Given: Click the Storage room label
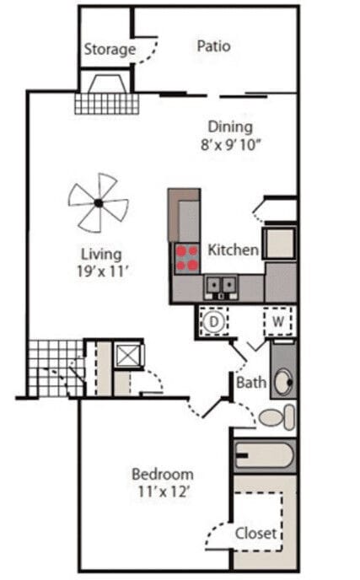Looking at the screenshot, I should tap(110, 50).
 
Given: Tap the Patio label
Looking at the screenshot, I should tap(213, 46).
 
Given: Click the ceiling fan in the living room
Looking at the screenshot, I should tap(99, 202).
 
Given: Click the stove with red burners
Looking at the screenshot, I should tap(186, 257).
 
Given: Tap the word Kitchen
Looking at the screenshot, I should tap(233, 250).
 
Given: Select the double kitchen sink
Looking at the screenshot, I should tap(221, 287).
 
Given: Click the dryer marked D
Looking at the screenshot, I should tap(214, 321).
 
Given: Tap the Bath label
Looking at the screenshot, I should tap(251, 383).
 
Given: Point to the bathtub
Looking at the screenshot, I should tap(264, 456).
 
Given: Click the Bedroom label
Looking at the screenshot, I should tap(163, 474).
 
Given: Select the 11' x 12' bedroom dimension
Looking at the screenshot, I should tap(163, 491).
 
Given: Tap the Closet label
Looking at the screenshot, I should tap(256, 533).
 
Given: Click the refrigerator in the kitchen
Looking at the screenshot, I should tap(278, 242).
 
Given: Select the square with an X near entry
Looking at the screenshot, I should tap(128, 355).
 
